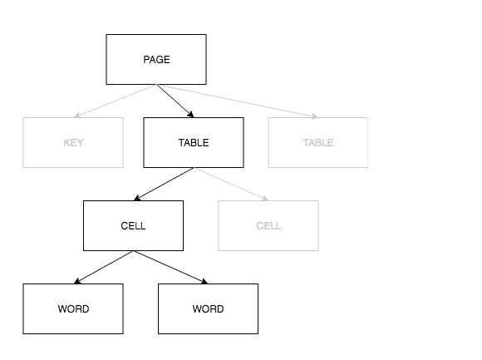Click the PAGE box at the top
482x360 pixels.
pos(156,59)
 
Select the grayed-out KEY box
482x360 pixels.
pos(73,142)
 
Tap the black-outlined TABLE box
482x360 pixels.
pos(194,142)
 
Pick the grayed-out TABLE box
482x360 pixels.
pos(317,142)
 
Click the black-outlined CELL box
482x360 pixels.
pos(133,225)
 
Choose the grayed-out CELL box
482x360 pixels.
pos(268,225)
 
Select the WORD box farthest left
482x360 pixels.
pos(73,308)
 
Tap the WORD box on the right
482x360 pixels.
pos(208,308)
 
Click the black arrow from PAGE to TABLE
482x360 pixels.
pos(175,101)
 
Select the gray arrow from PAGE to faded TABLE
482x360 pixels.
pos(237,101)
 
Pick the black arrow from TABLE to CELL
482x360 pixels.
pos(164,184)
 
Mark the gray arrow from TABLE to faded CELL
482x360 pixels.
pos(231,184)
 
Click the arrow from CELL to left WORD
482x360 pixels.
pos(103,267)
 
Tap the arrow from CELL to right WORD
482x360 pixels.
pos(170,267)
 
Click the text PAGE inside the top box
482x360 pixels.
pos(156,60)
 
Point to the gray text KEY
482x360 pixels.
pos(73,143)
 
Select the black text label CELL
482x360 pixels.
pos(133,226)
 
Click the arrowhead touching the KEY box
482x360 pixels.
pos(77,116)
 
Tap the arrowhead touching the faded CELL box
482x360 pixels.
pos(264,199)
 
